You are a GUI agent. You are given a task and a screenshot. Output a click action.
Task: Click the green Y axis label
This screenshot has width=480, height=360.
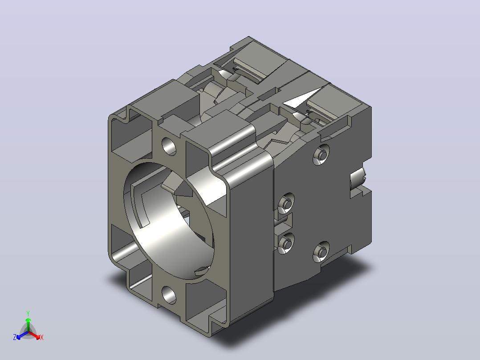click(x=28, y=313)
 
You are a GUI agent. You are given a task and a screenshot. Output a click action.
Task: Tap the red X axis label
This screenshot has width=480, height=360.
click(x=42, y=337)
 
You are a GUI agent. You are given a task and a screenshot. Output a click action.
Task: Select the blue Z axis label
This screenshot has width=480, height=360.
click(x=15, y=337)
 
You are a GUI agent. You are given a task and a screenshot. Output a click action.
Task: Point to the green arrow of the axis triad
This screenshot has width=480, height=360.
click(x=28, y=325)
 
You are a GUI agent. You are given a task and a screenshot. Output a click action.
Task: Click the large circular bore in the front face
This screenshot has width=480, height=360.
click(x=169, y=221)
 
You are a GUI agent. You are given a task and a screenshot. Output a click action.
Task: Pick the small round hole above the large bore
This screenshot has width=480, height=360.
click(x=169, y=147)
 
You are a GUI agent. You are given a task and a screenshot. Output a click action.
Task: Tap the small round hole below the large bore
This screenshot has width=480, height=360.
click(x=169, y=295)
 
